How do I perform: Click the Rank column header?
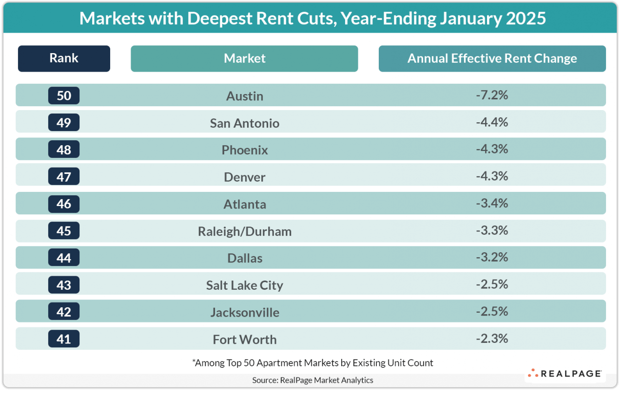coord(64,58)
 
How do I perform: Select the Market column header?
coord(244,58)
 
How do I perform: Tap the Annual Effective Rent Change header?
coord(492,58)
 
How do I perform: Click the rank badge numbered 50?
coord(64,95)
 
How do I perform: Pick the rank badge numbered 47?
coord(64,176)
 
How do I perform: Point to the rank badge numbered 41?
coord(64,339)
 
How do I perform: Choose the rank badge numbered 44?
coord(64,258)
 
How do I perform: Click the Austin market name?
coord(245,96)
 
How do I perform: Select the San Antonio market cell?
coord(245,123)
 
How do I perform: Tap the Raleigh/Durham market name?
coord(245,231)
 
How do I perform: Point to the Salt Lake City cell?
coord(245,285)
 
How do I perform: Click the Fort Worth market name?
coord(245,339)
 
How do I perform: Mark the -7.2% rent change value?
coord(492,95)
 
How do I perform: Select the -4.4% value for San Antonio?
coord(492,122)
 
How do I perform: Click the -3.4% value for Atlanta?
coord(492,203)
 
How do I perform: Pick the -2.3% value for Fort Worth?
coord(492,339)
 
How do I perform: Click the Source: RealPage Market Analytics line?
coord(312,380)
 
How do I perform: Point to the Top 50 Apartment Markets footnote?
coord(312,362)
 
